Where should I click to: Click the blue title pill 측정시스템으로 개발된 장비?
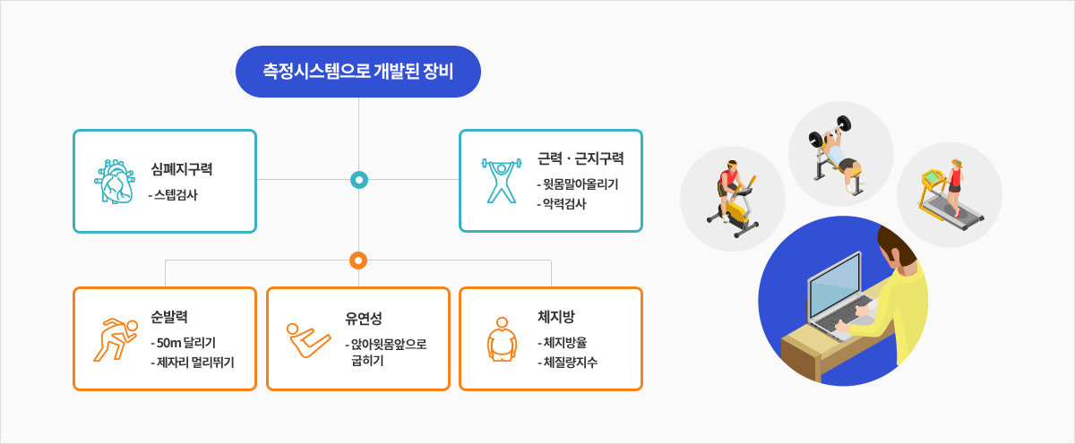(358, 72)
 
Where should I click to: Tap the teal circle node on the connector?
(359, 180)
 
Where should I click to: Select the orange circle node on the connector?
(358, 260)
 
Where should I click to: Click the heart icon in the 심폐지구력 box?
(115, 182)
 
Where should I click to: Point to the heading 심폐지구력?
(181, 169)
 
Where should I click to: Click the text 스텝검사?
(176, 194)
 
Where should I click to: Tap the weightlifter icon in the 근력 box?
(502, 181)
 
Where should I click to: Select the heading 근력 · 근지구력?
(580, 158)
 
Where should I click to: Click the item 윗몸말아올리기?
(580, 184)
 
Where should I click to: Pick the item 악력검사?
(564, 204)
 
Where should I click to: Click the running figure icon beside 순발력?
(116, 339)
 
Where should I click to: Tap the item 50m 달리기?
(186, 342)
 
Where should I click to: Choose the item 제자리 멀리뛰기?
(195, 362)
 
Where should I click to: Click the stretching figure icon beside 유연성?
(308, 340)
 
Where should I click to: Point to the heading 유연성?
(364, 318)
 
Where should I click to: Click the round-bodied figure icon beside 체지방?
(502, 339)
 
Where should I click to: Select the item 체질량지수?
(570, 362)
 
